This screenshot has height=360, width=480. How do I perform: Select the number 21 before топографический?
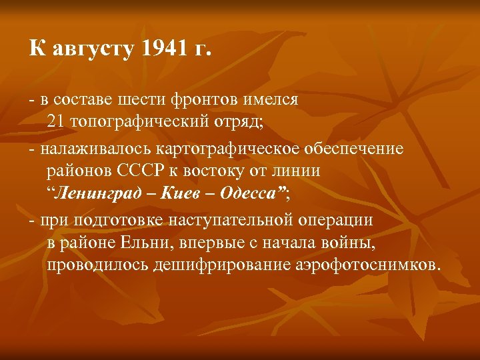tap(56, 123)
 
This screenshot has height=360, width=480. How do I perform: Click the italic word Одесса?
tap(248, 194)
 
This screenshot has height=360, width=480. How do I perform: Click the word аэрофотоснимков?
tap(365, 265)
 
